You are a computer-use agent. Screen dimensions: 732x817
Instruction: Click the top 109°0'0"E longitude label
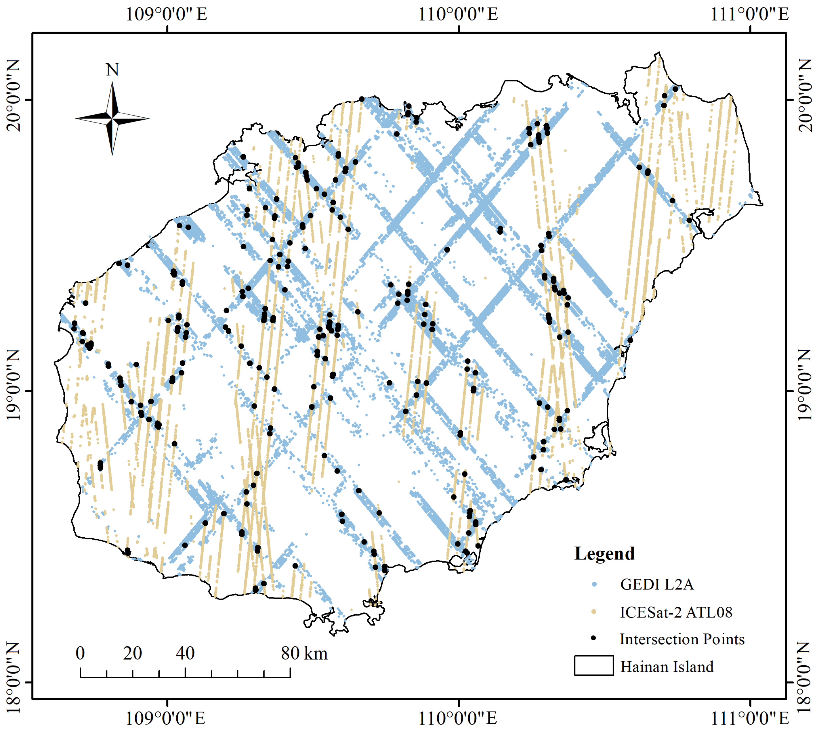pyautogui.click(x=167, y=14)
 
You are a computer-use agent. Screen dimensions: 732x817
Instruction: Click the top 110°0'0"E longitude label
pyautogui.click(x=458, y=14)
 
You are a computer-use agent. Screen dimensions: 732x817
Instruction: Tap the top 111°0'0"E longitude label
pyautogui.click(x=749, y=14)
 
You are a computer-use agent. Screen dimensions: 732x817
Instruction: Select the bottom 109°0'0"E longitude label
pyautogui.click(x=165, y=718)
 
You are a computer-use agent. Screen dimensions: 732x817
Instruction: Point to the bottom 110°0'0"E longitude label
pyautogui.click(x=458, y=718)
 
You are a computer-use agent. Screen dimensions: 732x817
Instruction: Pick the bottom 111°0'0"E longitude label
pyautogui.click(x=749, y=718)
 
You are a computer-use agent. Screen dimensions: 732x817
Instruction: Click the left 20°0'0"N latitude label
pyautogui.click(x=14, y=96)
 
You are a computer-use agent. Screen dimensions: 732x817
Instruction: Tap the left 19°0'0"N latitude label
pyautogui.click(x=14, y=385)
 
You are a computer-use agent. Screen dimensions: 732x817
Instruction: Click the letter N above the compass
pyautogui.click(x=112, y=70)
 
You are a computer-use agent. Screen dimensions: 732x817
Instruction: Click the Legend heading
pyautogui.click(x=604, y=554)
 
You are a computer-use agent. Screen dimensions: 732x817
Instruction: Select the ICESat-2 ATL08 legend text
pyautogui.click(x=676, y=612)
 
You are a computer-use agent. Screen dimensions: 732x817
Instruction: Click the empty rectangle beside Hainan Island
pyautogui.click(x=594, y=666)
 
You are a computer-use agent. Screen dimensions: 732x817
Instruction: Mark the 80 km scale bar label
pyautogui.click(x=304, y=654)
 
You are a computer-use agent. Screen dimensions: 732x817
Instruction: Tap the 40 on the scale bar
pyautogui.click(x=185, y=654)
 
